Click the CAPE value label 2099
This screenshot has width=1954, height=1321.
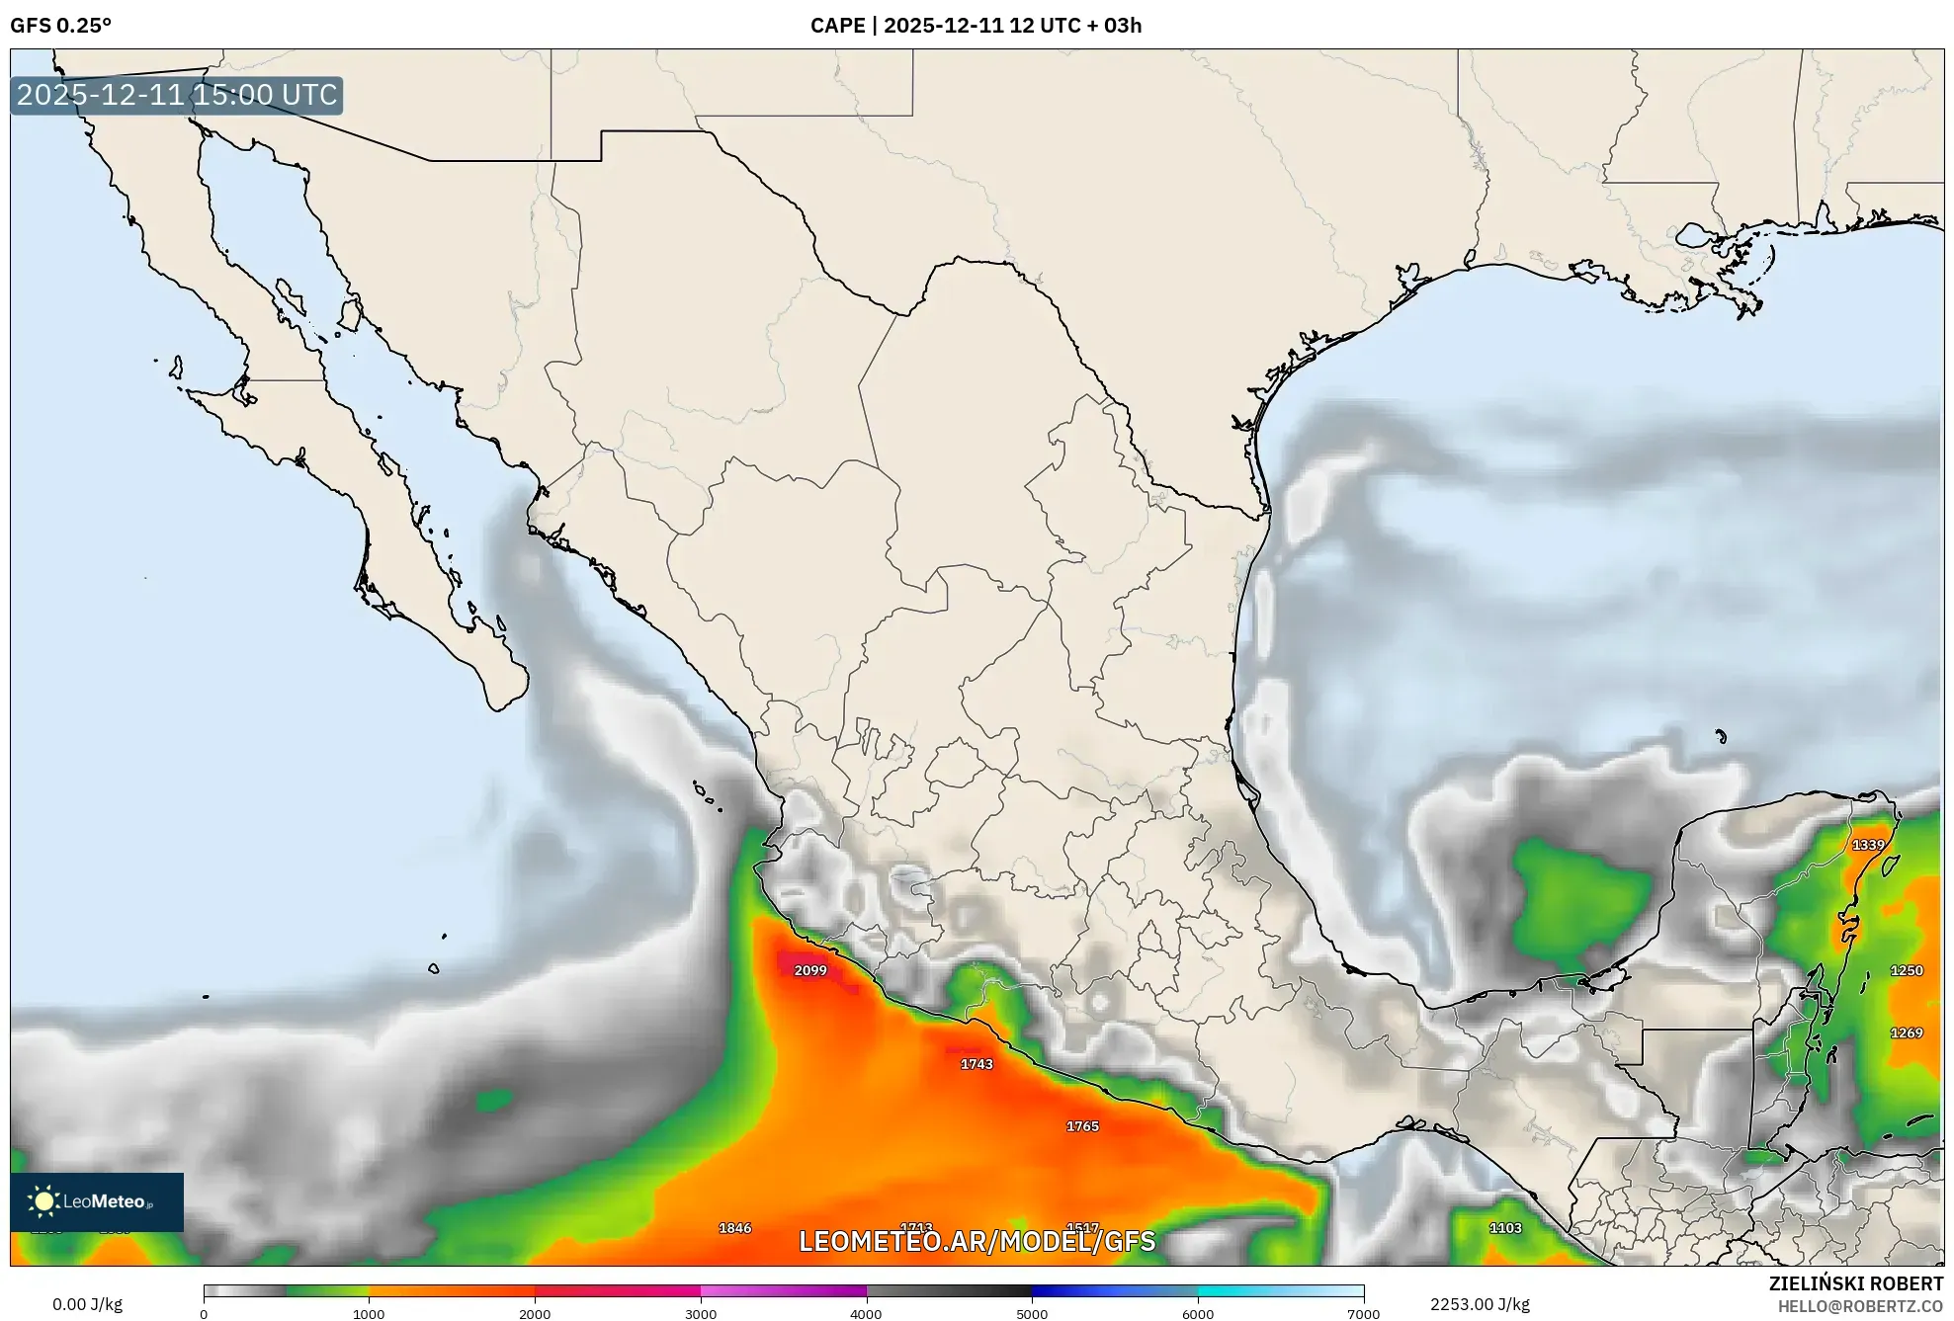click(x=810, y=970)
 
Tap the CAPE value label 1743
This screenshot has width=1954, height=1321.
click(x=977, y=1064)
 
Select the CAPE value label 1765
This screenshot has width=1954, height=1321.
click(x=1082, y=1126)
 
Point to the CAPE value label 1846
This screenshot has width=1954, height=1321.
click(x=734, y=1228)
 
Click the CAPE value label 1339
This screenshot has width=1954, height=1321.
click(x=1868, y=845)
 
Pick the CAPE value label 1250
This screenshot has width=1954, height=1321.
click(x=1907, y=970)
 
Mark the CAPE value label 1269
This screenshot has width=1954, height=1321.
click(x=1907, y=1032)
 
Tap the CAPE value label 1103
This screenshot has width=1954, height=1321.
click(x=1505, y=1228)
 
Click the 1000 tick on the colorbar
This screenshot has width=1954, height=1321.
click(x=369, y=1313)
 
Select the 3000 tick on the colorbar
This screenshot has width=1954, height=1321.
click(x=701, y=1313)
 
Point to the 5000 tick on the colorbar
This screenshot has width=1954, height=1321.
click(x=1032, y=1313)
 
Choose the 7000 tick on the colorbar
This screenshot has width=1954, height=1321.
click(x=1363, y=1313)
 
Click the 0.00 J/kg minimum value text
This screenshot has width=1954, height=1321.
click(x=87, y=1304)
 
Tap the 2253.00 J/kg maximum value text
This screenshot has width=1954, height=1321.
click(x=1480, y=1304)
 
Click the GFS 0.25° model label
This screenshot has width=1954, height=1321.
click(x=60, y=26)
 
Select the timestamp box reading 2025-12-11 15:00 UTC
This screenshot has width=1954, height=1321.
click(x=177, y=95)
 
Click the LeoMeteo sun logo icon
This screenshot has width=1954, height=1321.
click(x=43, y=1201)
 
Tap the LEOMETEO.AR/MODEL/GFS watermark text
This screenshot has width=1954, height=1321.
click(x=977, y=1241)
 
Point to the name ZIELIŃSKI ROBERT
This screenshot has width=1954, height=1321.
click(x=1855, y=1283)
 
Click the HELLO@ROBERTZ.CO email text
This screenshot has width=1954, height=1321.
click(x=1860, y=1306)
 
